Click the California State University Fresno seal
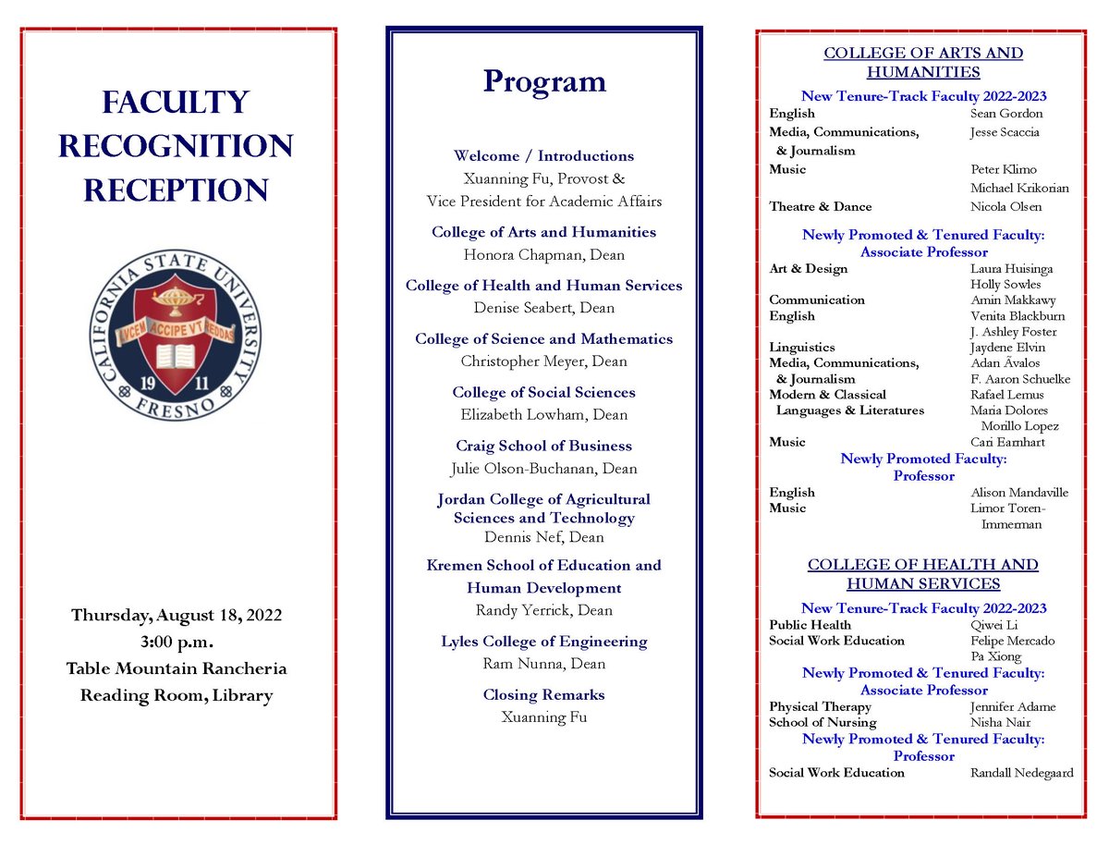tap(176, 336)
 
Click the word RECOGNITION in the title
tap(176, 146)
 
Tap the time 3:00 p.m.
tap(176, 642)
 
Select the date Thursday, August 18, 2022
tap(176, 616)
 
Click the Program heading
tap(543, 81)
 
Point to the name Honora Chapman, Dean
tap(543, 254)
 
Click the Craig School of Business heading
tap(543, 446)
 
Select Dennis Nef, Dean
tap(543, 537)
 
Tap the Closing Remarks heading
tap(543, 694)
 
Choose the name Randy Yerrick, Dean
tap(543, 610)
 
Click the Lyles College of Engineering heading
tap(543, 642)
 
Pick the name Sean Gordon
tap(1006, 114)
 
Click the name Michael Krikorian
tap(1019, 188)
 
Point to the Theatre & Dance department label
tap(820, 206)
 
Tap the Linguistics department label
tap(801, 347)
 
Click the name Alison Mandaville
tap(1019, 492)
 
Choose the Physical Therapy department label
tap(820, 706)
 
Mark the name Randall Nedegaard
tap(1021, 772)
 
